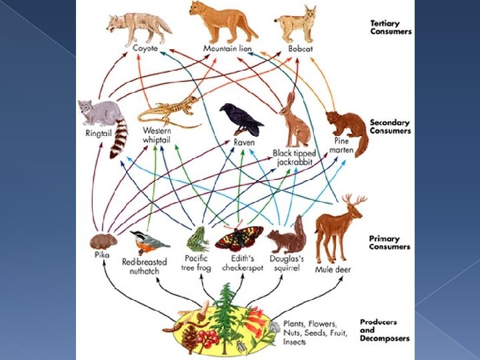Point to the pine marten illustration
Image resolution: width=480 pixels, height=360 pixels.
click(x=348, y=130)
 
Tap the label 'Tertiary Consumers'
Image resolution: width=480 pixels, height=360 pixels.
click(x=391, y=27)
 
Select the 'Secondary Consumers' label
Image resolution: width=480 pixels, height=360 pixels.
click(x=391, y=126)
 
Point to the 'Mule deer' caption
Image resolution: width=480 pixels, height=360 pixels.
click(x=333, y=269)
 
